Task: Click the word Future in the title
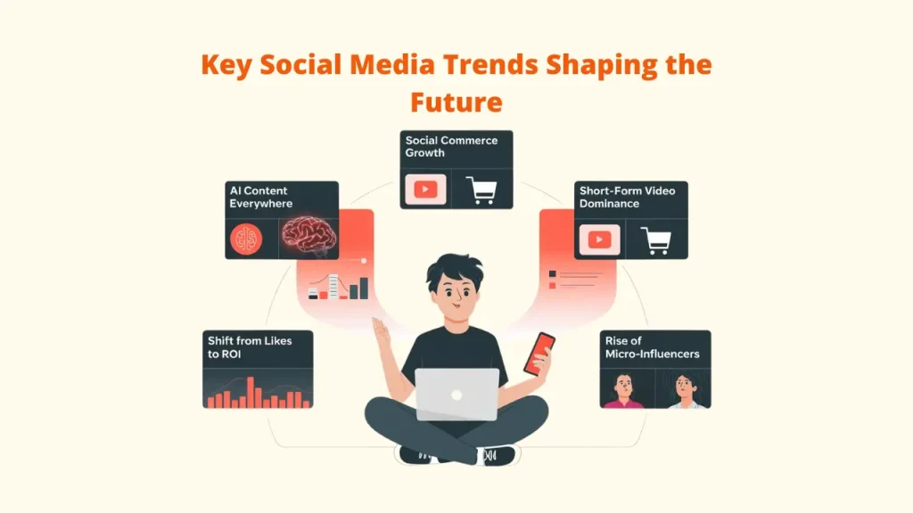tap(456, 102)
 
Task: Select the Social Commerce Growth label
tap(451, 146)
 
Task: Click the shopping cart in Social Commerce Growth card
tap(482, 190)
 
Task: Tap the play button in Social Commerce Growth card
tap(425, 190)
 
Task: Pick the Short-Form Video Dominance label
tap(627, 197)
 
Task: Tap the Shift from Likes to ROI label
tap(250, 346)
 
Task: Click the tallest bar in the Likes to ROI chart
tap(251, 392)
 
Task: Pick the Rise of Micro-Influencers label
tap(652, 346)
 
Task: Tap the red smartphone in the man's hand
tap(539, 353)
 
